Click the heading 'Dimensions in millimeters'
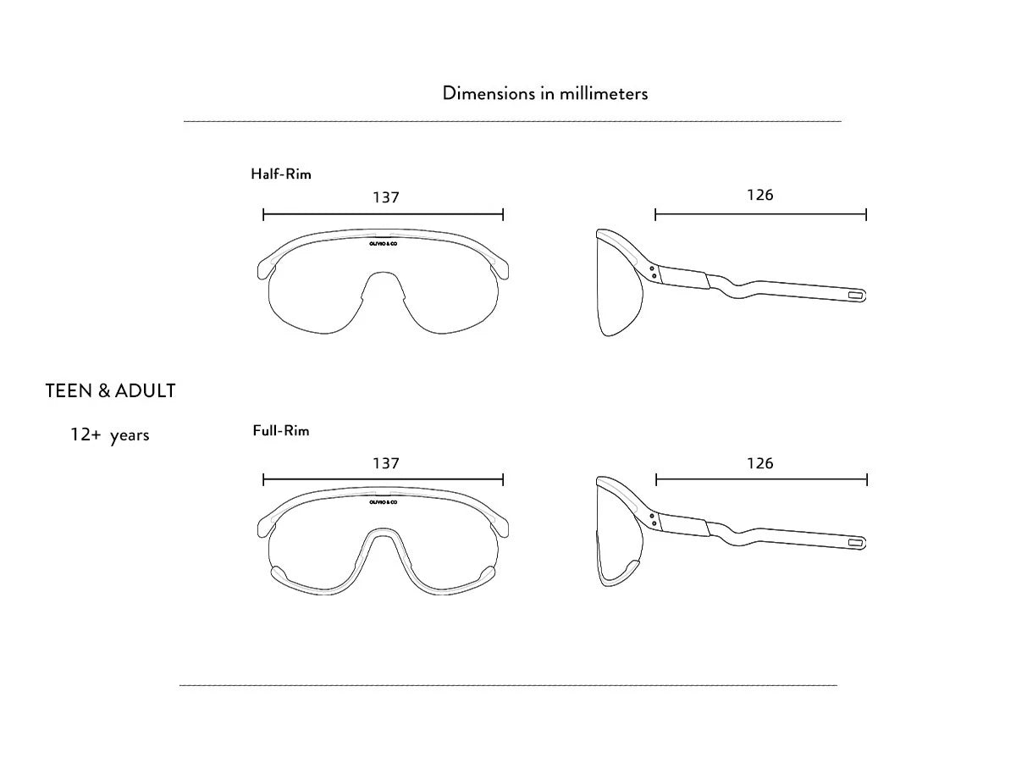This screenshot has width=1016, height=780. [544, 93]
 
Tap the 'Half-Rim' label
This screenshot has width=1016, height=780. [281, 174]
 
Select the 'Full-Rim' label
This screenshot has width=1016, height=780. [281, 430]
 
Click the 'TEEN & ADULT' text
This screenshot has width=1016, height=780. [110, 390]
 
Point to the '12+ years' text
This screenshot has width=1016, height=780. [110, 435]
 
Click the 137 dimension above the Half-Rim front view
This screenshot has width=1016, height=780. [386, 197]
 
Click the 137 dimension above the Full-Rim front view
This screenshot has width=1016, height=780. [386, 463]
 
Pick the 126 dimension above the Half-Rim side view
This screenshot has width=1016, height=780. [759, 195]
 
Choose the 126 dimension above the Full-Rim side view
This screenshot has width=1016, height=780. [759, 463]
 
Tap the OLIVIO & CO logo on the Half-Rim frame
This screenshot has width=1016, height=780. [384, 244]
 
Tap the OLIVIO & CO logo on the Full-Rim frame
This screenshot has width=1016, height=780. [384, 502]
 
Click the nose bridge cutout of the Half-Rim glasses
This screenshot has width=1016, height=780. [384, 285]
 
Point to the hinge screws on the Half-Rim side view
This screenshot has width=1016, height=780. [653, 272]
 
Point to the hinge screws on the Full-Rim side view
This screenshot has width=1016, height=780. [653, 519]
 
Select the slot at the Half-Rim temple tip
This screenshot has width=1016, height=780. [855, 295]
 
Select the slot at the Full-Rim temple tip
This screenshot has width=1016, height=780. [855, 543]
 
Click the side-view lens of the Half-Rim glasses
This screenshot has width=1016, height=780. [618, 290]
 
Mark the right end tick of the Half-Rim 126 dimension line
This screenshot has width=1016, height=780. [866, 214]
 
